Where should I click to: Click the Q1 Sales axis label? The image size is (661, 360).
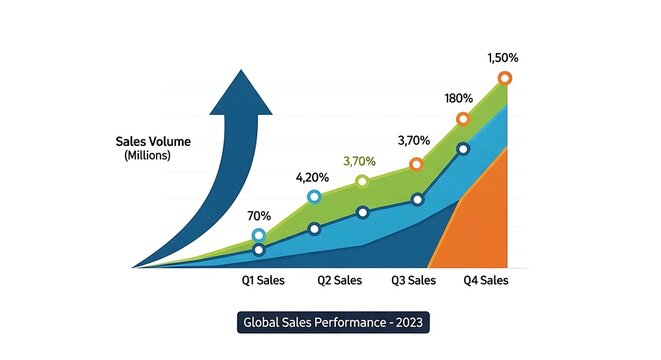tap(263, 281)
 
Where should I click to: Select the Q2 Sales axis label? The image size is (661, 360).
tap(339, 281)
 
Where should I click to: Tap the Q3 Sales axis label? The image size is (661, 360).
tap(413, 281)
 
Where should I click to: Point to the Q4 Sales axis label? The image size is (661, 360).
tap(486, 281)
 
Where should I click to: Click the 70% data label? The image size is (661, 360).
tap(260, 215)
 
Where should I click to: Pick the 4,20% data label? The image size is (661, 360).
tap(313, 177)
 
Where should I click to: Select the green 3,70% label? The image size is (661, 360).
tap(360, 160)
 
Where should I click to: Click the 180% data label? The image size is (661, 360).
tap(459, 98)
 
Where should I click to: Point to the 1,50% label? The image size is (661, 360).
tap(503, 58)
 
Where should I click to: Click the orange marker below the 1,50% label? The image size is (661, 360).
tap(505, 78)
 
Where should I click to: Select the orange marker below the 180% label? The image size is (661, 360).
tap(463, 120)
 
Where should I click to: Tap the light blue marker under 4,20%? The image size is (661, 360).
tap(314, 197)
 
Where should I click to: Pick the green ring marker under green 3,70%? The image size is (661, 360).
tap(362, 181)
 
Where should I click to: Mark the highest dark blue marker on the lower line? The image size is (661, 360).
tap(463, 148)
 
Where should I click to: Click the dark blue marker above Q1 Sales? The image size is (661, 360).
tap(259, 250)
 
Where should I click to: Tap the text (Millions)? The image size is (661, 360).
tap(147, 156)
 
